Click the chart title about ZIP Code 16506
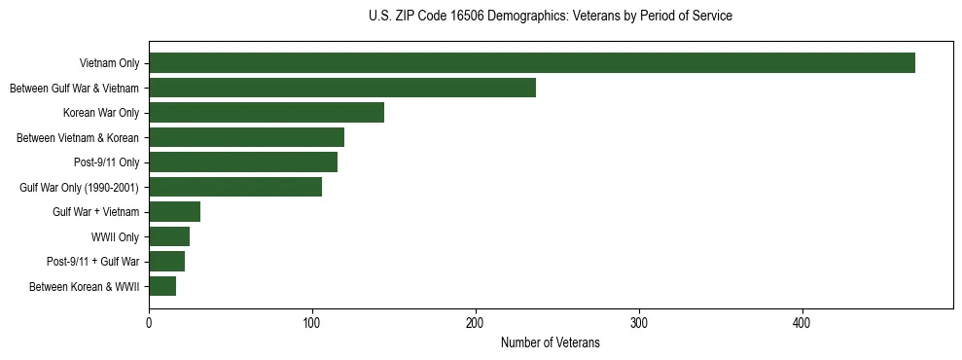pos(551,16)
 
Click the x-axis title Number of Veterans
pos(550,343)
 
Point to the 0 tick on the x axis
pos(149,324)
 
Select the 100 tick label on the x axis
pos(312,324)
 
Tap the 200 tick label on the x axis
pos(476,324)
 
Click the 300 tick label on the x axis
pos(639,324)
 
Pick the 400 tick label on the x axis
pos(802,324)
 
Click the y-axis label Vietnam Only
pos(109,63)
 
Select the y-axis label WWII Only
pos(115,236)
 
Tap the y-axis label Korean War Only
pos(101,113)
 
